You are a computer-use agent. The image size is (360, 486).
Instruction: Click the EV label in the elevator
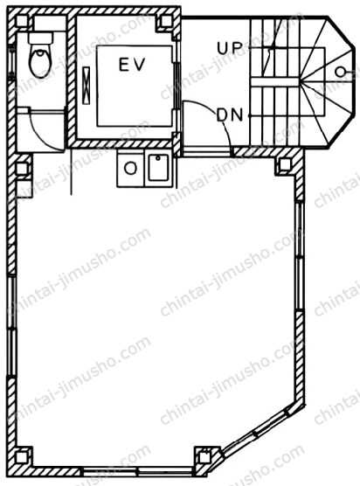(x=132, y=65)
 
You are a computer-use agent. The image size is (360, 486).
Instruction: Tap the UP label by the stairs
(x=229, y=48)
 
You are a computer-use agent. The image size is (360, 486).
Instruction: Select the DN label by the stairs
(x=230, y=115)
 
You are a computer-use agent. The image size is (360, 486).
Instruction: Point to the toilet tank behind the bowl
(x=40, y=38)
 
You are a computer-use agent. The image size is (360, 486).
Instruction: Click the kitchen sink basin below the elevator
(x=158, y=167)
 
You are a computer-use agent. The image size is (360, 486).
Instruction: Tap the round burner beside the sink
(x=130, y=169)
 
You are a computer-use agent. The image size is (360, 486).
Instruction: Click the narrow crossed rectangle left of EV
(x=87, y=86)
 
